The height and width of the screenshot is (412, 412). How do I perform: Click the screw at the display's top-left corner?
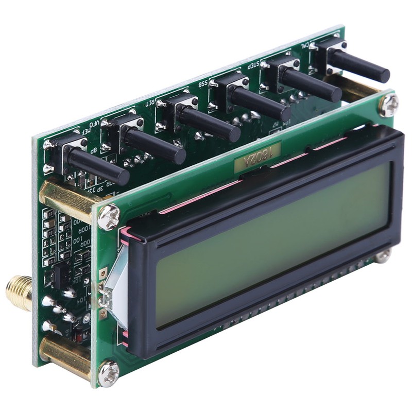pyautogui.click(x=108, y=217)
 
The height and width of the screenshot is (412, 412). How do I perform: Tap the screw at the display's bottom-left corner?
pyautogui.click(x=109, y=373)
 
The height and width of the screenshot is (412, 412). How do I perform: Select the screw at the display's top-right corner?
pyautogui.click(x=389, y=106)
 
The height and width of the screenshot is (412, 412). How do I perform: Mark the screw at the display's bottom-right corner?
pyautogui.click(x=383, y=255)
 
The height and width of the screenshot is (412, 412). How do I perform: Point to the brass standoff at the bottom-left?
pyautogui.click(x=64, y=355)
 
